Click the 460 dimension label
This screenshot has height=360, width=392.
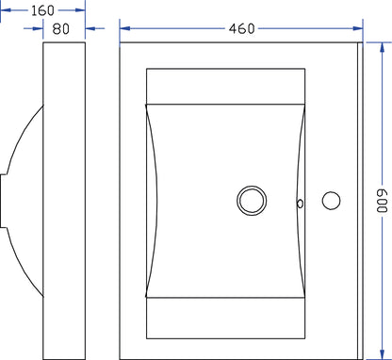pos(241,28)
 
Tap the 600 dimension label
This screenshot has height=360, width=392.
pos(382,201)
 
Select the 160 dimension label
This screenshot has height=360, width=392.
pos(42,10)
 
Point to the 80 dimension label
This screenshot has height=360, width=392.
pos(60,29)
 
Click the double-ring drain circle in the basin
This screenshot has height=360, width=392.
pos(252,201)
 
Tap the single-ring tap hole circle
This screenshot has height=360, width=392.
pos(331,201)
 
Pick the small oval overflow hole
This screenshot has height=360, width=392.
pos(300,204)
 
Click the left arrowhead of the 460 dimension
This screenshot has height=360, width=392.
pos(125,28)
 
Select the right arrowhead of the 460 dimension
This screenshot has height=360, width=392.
pos(358,28)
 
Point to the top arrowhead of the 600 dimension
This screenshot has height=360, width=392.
pos(382,47)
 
